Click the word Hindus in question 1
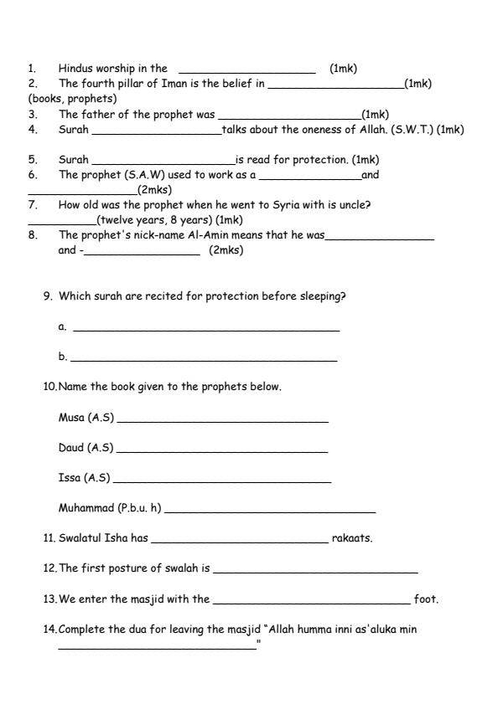pos(75,69)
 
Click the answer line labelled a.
pos(206,330)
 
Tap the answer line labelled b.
pos(204,360)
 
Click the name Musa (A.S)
pos(86,418)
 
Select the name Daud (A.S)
pos(86,448)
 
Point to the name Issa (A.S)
pos(84,478)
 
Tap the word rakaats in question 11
pos(352,538)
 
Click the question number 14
pos(50,629)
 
